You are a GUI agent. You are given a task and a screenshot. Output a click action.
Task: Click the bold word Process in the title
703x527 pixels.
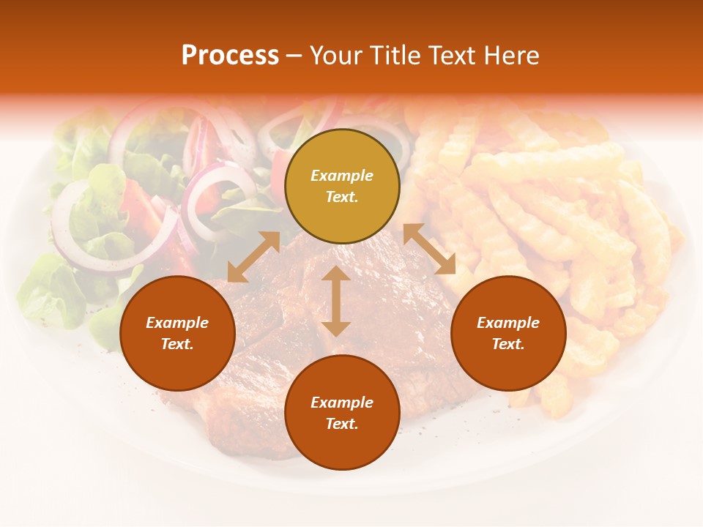tap(230, 56)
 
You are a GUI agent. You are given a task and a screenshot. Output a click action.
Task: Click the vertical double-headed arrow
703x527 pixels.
tap(336, 301)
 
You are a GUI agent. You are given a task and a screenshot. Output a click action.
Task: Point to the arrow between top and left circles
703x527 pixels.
tap(253, 257)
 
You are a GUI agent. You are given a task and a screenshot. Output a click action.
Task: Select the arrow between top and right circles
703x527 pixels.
tap(429, 249)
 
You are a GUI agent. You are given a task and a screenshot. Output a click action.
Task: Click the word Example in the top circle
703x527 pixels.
tap(342, 176)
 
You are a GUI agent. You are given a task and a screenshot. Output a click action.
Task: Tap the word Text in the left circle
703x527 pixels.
tap(177, 344)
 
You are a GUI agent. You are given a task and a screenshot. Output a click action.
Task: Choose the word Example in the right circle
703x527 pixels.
tap(508, 323)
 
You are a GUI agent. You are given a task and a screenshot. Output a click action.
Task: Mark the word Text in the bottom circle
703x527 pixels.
tap(342, 424)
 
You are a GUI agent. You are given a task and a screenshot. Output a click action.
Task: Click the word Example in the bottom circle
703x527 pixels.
tap(342, 403)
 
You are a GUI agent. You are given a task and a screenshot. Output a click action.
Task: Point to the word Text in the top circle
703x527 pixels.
tap(342, 197)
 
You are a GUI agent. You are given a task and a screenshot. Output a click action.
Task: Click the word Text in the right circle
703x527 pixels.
tap(508, 344)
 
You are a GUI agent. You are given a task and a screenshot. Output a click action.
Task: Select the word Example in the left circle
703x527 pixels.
tap(177, 323)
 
